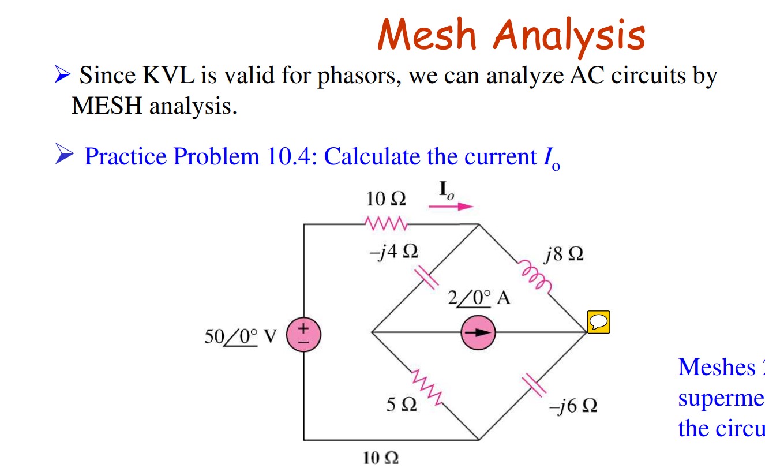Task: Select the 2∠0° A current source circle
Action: click(477, 333)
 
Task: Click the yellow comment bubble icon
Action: click(598, 321)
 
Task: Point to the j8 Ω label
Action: click(563, 254)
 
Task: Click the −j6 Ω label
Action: click(573, 406)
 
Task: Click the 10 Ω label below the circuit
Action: click(381, 459)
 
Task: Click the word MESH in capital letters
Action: click(101, 106)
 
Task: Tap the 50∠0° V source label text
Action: click(241, 336)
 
